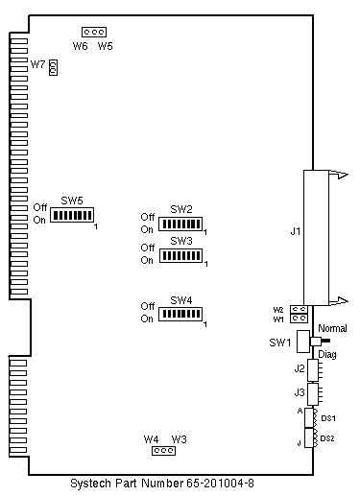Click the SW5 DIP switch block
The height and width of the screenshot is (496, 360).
[x=72, y=215]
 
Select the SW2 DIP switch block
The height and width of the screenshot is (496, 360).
[x=180, y=224]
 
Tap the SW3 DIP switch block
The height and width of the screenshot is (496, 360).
[x=180, y=255]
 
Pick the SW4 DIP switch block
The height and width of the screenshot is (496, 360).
[x=180, y=314]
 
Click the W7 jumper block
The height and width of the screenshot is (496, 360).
[x=53, y=67]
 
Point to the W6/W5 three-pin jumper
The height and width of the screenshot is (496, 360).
[x=94, y=32]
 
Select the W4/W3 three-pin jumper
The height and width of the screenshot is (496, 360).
[x=163, y=451]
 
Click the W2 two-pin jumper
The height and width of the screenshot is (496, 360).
[x=299, y=309]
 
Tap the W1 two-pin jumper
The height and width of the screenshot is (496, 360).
[x=299, y=319]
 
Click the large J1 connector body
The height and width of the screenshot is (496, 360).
[x=316, y=238]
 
